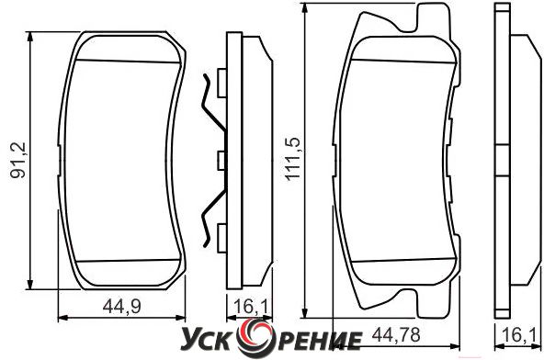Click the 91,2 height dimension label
pos(17,160)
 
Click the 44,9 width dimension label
pos(122,307)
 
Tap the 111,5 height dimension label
pos(292,159)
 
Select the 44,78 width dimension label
pos(396,335)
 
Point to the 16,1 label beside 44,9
pos(251,307)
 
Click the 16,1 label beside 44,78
pos(518,335)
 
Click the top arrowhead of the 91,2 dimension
pos(30,37)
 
